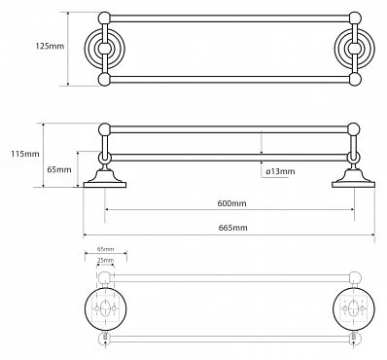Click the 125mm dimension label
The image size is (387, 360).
coord(50,46)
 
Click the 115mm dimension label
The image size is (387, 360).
coord(25,154)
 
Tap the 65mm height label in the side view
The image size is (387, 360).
coord(59,169)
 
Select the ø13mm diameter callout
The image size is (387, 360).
coord(280,171)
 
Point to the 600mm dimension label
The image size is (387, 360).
coord(231,203)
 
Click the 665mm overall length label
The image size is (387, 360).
coord(232,228)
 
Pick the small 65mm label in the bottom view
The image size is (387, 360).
coord(105,249)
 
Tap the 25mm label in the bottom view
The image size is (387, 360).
coord(105,260)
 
